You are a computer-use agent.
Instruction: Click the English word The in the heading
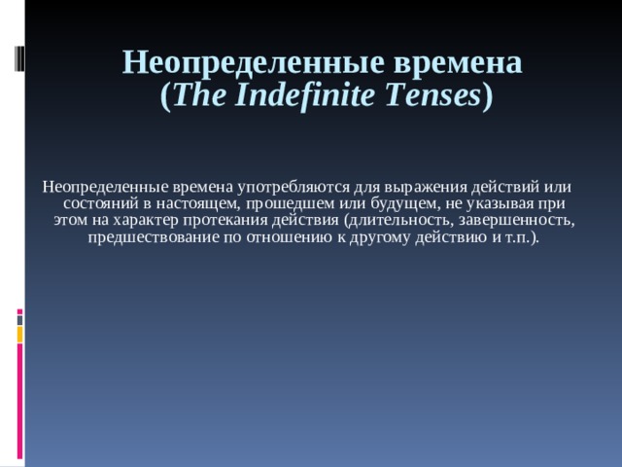[201, 95]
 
